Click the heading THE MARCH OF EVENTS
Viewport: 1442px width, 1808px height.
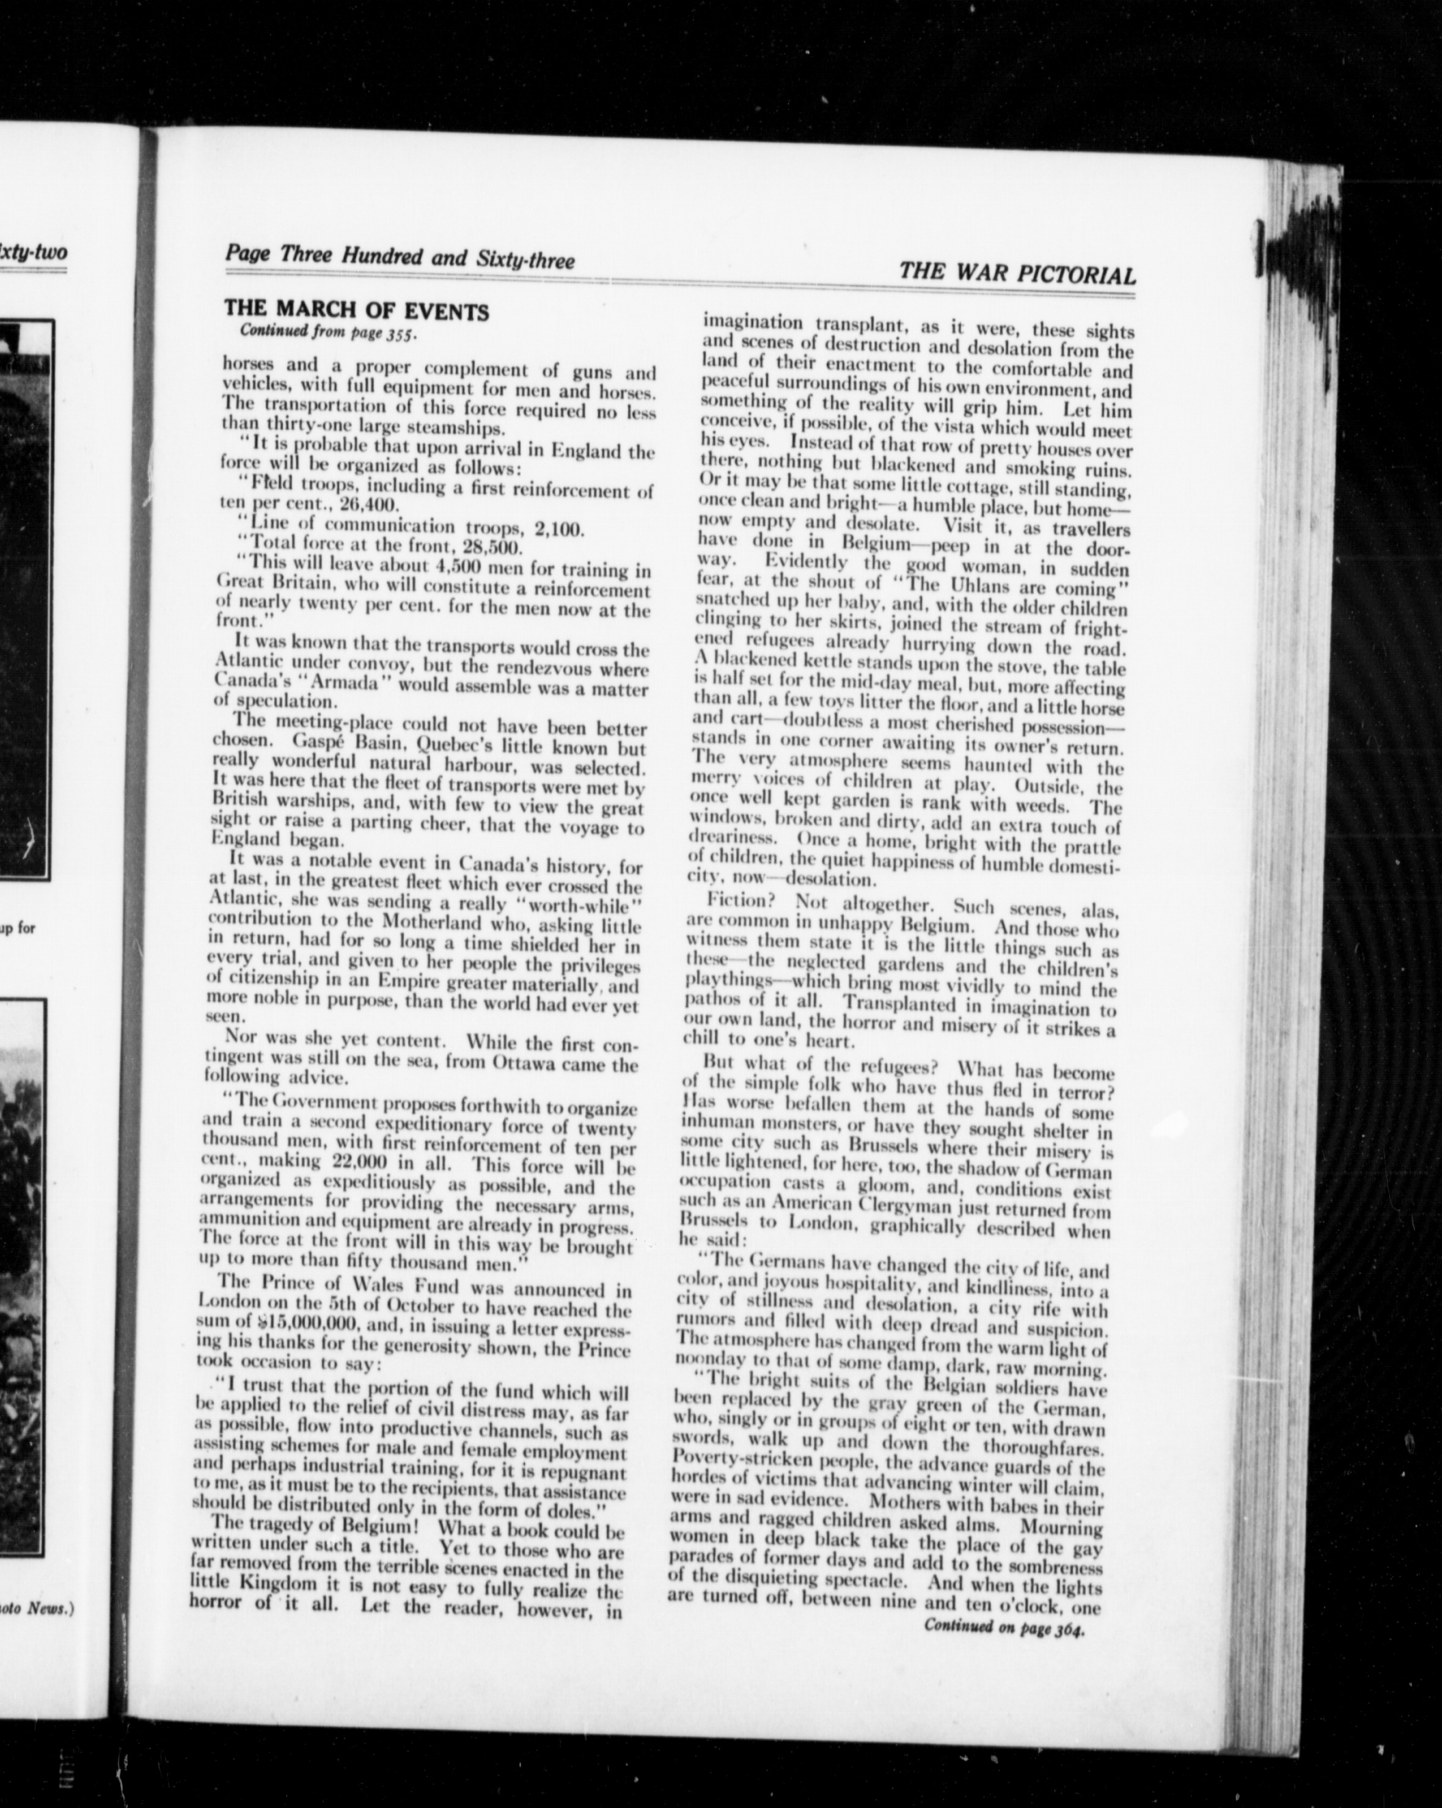click(x=356, y=310)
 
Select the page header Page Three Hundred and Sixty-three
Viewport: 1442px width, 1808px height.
click(x=399, y=257)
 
